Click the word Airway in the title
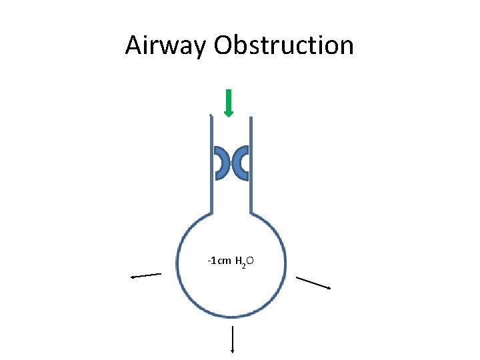tap(166, 45)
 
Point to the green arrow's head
tap(229, 113)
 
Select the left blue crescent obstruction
tap(221, 163)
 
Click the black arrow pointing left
tap(146, 275)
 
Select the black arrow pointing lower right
tap(313, 283)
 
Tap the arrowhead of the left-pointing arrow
tap(133, 276)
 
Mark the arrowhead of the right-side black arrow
tap(328, 287)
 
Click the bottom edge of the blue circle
tap(231, 315)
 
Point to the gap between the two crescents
tap(231, 163)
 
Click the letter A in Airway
tap(133, 45)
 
